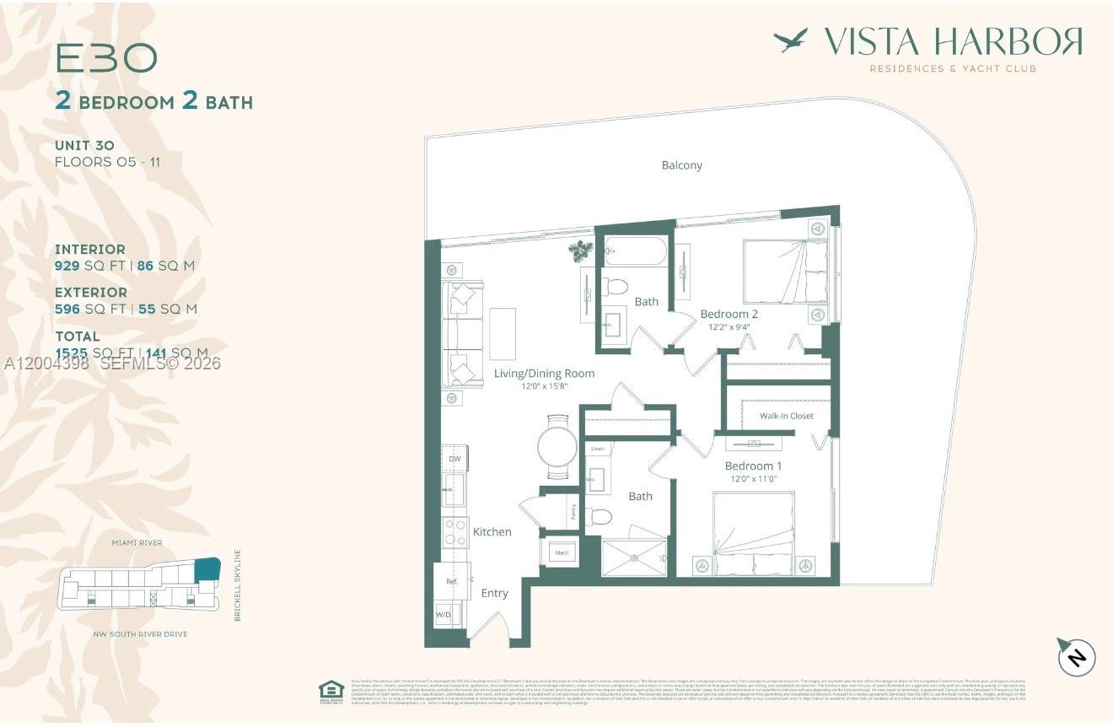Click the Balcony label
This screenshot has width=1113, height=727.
tap(681, 165)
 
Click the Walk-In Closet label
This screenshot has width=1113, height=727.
tap(786, 416)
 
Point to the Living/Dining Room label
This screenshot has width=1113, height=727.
tap(544, 374)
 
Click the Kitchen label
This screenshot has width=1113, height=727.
tap(492, 531)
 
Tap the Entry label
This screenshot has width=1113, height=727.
tap(494, 593)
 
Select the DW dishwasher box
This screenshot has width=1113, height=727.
tap(454, 459)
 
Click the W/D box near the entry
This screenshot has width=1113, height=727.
tap(444, 615)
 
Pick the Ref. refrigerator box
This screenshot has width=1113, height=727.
tap(450, 581)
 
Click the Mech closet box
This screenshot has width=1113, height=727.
tap(560, 553)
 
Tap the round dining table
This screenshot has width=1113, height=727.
tap(557, 444)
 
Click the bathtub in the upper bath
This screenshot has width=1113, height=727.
tap(636, 251)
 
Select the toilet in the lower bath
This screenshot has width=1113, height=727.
tap(600, 516)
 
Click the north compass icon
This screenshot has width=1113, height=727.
tap(1076, 656)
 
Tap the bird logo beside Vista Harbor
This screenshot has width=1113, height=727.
tap(790, 40)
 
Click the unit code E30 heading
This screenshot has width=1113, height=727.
tap(106, 58)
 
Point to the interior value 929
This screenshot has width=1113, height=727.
tap(67, 266)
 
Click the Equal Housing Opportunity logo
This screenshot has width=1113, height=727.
tap(331, 691)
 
